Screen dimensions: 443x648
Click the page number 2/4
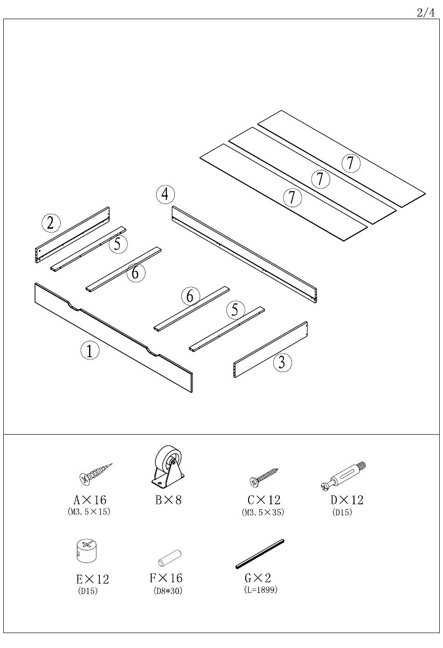(x=425, y=13)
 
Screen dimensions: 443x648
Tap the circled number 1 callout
(x=90, y=351)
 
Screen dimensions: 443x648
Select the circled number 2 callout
(x=51, y=224)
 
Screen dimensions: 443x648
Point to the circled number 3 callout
(x=282, y=362)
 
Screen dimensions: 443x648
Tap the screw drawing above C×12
(x=263, y=477)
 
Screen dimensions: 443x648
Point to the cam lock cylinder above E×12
(x=87, y=551)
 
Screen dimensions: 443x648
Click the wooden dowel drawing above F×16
(x=170, y=558)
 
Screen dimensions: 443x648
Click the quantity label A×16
(x=90, y=500)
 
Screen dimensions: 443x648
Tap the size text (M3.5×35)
(x=263, y=512)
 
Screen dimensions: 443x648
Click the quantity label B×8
(x=168, y=500)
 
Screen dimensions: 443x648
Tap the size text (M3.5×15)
(x=89, y=512)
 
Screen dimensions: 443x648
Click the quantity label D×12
(x=347, y=500)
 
